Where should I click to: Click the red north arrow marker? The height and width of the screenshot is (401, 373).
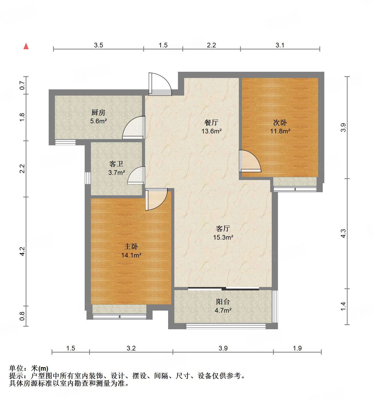coord(26,46)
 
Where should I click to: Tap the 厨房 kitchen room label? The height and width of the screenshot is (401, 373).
coord(98,113)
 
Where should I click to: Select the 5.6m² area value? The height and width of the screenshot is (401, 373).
coord(98,121)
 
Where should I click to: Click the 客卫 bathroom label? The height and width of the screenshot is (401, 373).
coord(116,164)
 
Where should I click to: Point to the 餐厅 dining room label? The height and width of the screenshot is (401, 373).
coord(211,123)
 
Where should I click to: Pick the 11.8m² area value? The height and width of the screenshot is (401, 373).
coord(280,131)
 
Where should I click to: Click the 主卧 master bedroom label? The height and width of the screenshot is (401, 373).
coord(131,247)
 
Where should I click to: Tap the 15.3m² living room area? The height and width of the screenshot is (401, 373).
coord(223,237)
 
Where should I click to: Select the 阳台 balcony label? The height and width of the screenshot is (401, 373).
coord(223,302)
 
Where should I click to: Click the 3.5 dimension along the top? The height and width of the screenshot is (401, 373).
coord(98,45)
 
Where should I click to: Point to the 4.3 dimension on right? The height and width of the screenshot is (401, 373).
coord(343,233)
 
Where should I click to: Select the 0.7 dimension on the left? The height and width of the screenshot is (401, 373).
coord(22,85)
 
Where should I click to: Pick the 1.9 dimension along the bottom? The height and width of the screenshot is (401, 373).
coord(297,348)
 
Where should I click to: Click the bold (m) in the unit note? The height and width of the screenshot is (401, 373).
coord(43,368)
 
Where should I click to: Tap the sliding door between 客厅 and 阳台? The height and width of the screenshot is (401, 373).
coord(223,289)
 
